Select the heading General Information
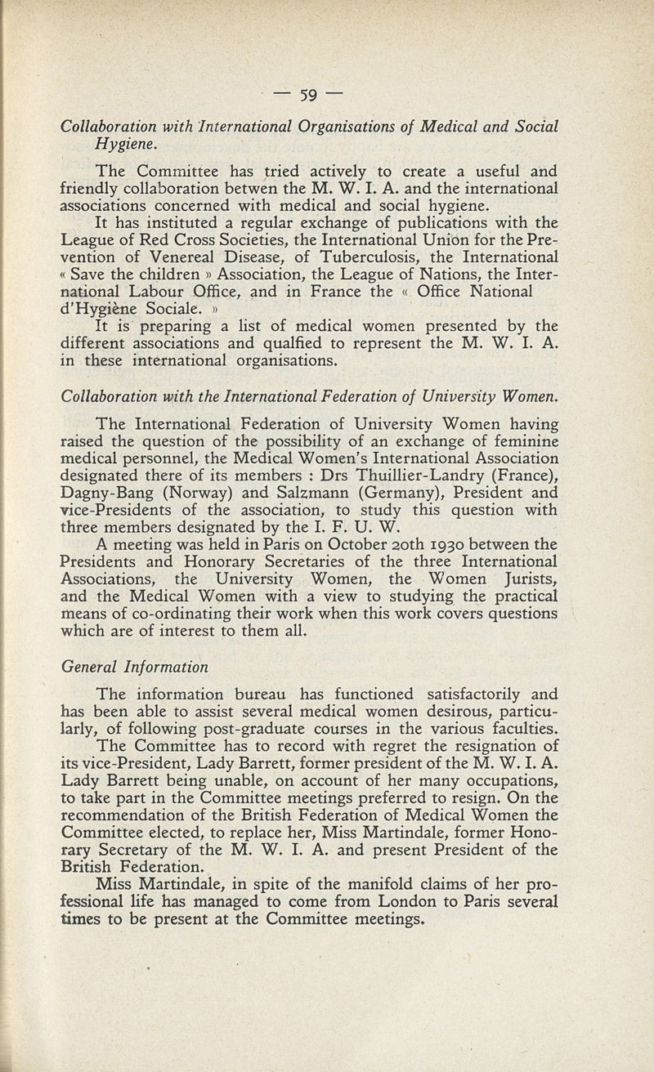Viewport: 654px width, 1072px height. click(135, 667)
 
